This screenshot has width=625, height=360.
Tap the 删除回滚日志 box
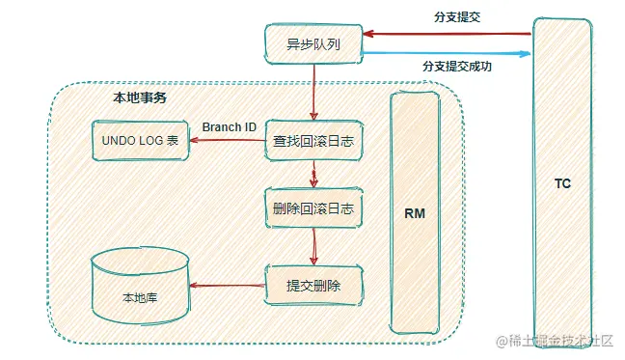313,209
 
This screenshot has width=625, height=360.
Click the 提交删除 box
313,285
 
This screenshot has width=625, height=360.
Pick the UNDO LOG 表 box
139,142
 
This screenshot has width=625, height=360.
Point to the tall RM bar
415,212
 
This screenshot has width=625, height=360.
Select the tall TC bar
562,182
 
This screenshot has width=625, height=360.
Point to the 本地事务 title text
139,97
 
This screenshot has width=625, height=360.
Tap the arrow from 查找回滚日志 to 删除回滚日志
313,176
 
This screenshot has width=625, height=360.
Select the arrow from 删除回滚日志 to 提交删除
313,247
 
